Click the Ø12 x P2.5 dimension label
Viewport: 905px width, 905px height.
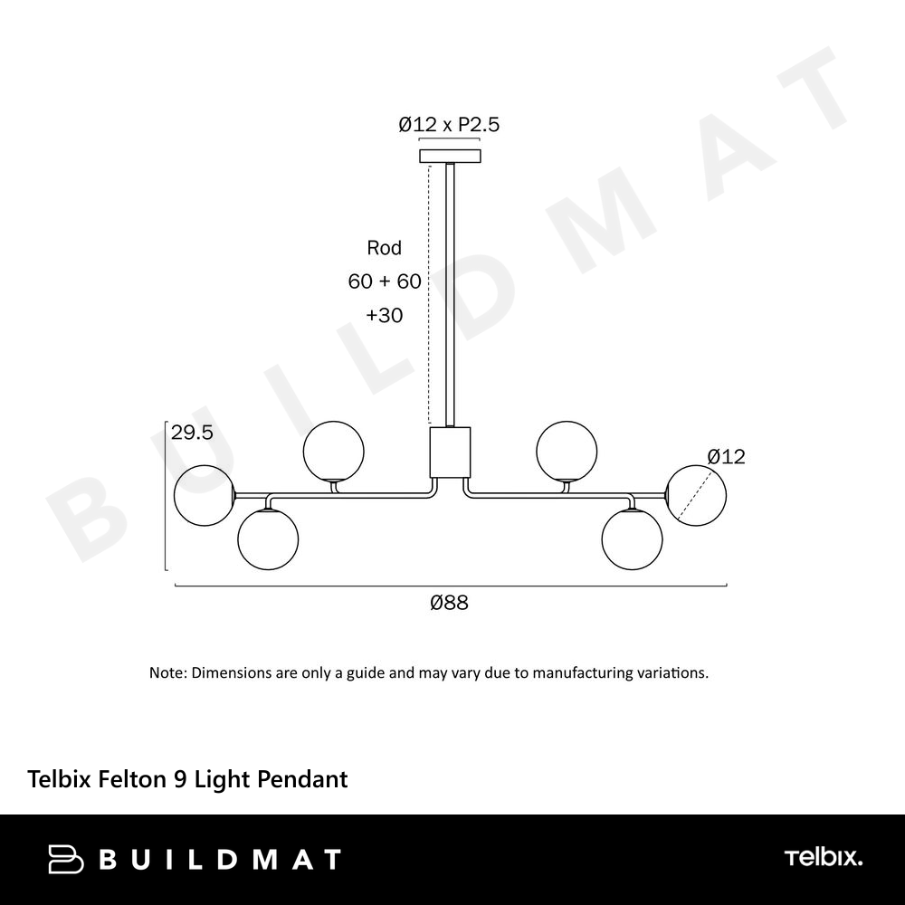pos(449,124)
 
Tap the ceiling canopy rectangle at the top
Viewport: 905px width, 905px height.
pos(450,156)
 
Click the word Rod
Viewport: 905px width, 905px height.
pos(384,248)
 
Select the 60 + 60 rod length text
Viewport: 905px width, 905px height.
pos(385,281)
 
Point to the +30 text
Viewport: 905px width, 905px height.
pos(385,315)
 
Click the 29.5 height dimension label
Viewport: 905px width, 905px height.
pos(192,433)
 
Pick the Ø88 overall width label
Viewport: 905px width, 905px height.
pos(449,603)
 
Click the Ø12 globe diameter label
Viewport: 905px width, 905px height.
pos(726,456)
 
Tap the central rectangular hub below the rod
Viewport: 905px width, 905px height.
pos(450,452)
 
